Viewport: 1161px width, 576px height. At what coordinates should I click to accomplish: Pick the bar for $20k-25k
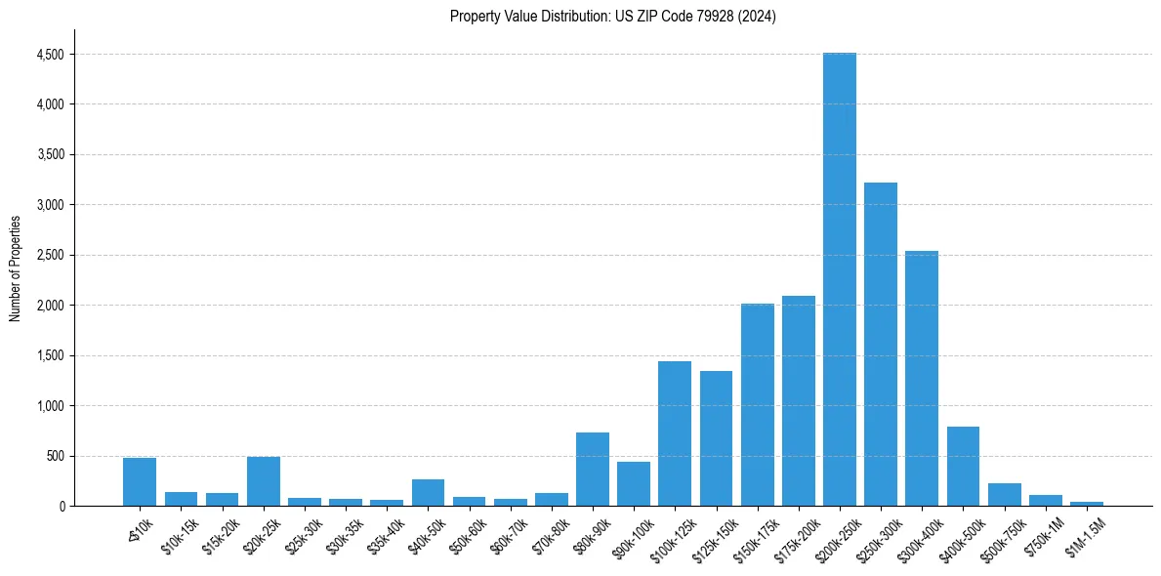tap(264, 481)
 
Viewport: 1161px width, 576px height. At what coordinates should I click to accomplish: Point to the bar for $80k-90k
tap(593, 470)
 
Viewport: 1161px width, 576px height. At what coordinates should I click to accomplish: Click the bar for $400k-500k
tap(963, 467)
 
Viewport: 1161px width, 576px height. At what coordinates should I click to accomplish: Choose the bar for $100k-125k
tap(675, 433)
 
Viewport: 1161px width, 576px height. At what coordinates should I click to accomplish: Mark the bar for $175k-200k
tap(798, 400)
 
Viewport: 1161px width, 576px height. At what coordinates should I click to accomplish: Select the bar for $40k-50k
tap(428, 492)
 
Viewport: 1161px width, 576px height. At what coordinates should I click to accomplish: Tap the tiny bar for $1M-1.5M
tap(1086, 504)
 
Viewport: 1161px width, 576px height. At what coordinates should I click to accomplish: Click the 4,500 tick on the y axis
tap(50, 55)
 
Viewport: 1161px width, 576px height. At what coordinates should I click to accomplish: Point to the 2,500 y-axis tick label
tap(50, 255)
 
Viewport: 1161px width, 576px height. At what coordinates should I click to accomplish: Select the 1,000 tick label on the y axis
tap(50, 406)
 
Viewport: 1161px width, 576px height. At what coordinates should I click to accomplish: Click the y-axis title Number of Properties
tap(15, 267)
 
